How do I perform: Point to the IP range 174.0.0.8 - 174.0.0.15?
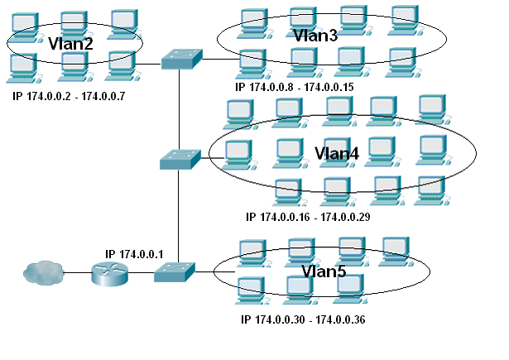(x=294, y=86)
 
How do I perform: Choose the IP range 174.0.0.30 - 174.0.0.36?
(x=303, y=319)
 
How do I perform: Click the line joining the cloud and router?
(x=79, y=273)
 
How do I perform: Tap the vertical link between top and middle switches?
(x=179, y=108)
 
